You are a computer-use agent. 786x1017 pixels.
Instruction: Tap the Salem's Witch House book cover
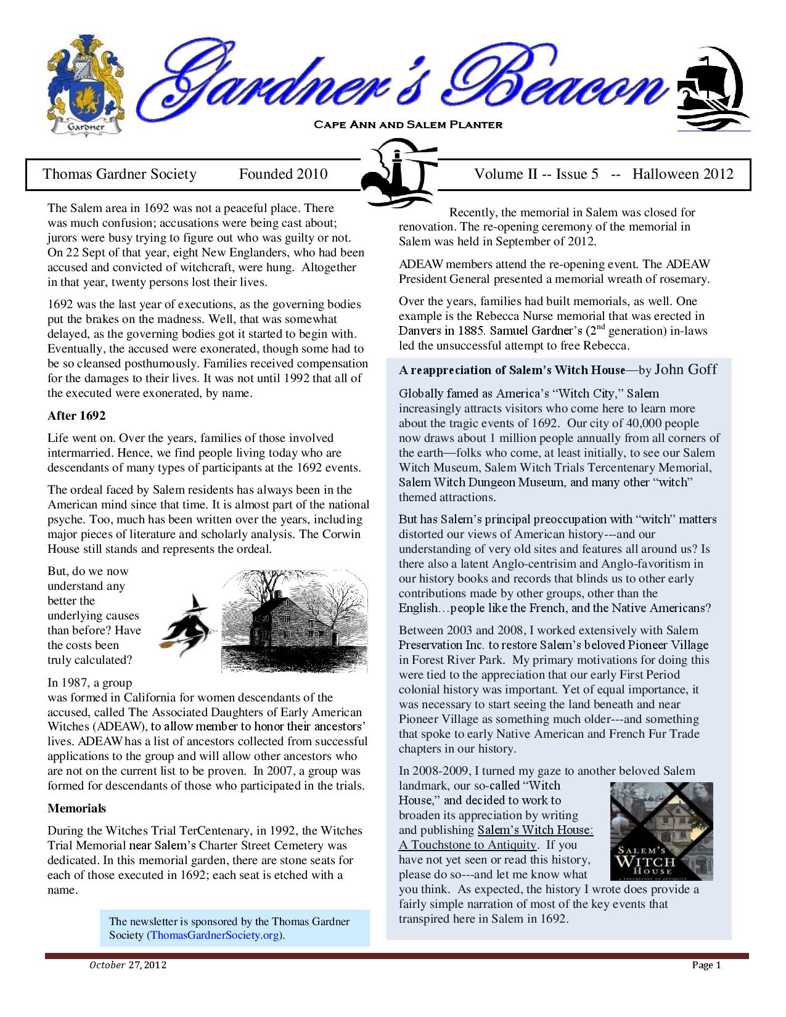[661, 831]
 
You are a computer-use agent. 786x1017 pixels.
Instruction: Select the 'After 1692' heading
[76, 415]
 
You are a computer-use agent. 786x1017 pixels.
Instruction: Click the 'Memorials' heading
[76, 808]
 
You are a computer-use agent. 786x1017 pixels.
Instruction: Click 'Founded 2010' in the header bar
[283, 174]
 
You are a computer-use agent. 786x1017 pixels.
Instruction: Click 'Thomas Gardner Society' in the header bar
[119, 174]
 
